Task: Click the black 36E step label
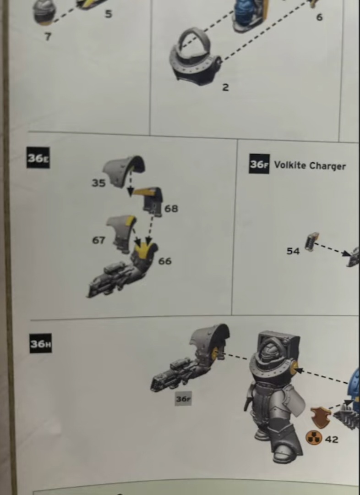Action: coord(38,158)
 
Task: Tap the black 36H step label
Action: coord(41,343)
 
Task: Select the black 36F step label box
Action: coord(259,164)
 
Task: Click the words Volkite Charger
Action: coord(310,165)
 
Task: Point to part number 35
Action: coord(98,183)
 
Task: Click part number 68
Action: coord(171,209)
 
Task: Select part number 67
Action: coord(98,240)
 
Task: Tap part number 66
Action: coord(165,261)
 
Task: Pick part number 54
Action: coord(293,251)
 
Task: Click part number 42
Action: coord(331,439)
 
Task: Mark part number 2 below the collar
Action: coord(225,88)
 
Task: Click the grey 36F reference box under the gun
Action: coord(183,399)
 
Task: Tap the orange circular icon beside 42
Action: coord(314,438)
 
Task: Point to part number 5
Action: coord(109,14)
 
